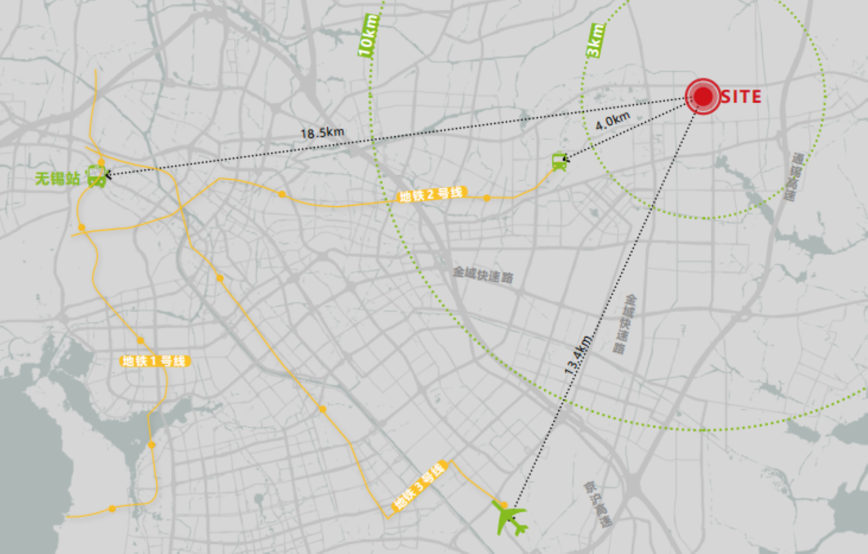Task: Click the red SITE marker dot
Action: [x=703, y=96]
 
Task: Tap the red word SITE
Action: [x=741, y=97]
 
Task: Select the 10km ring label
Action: [x=368, y=36]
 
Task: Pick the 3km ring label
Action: [x=595, y=40]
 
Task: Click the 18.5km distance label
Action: [x=322, y=132]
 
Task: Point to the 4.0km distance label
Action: [x=612, y=120]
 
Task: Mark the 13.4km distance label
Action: [x=578, y=354]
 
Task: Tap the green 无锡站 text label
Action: [x=57, y=178]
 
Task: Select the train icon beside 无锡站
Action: [x=96, y=176]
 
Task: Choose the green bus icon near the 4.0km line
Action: [x=559, y=162]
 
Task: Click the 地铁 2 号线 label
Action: [x=431, y=194]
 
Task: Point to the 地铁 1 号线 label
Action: [x=155, y=361]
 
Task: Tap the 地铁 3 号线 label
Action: [x=419, y=485]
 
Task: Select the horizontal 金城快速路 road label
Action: [x=483, y=274]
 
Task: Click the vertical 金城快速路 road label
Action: [x=625, y=324]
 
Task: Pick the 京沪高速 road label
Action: [x=598, y=504]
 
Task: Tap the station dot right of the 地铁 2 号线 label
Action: [x=487, y=198]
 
